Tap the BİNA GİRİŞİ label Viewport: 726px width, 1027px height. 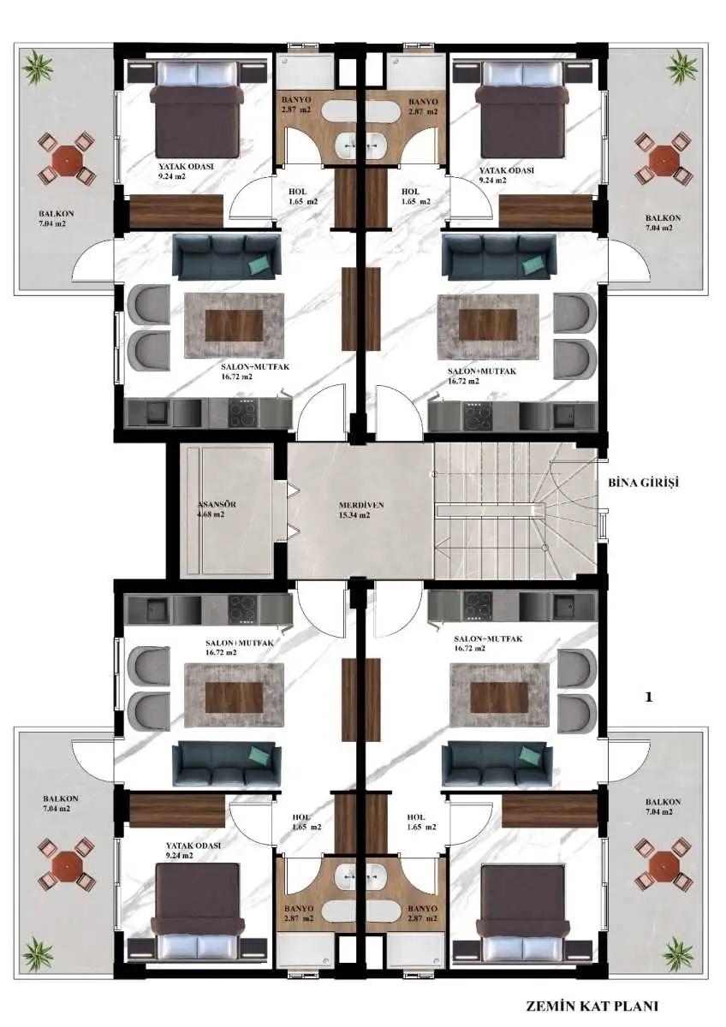click(643, 483)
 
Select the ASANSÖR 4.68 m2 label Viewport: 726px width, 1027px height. click(217, 509)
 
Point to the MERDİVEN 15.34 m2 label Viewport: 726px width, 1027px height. click(355, 510)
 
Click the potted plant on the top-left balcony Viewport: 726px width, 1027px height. click(37, 68)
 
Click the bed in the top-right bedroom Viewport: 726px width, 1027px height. click(523, 114)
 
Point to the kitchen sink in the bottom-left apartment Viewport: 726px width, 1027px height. click(152, 608)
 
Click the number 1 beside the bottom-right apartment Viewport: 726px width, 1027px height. click(648, 698)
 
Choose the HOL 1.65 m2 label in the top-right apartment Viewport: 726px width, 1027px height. click(416, 196)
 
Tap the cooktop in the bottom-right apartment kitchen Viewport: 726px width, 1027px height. click(479, 607)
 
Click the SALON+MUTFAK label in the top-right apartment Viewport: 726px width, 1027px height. click(482, 371)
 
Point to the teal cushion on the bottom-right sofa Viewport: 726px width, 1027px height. click(533, 752)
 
